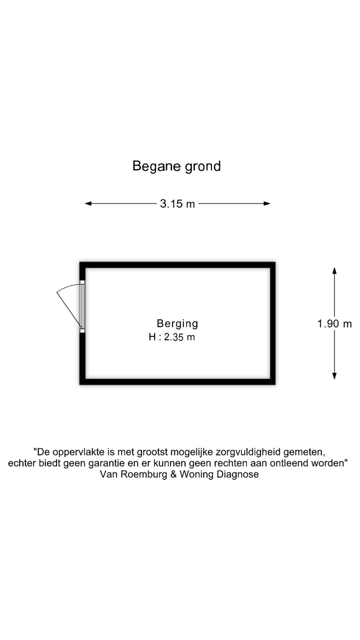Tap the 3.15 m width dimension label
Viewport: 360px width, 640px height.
click(x=177, y=204)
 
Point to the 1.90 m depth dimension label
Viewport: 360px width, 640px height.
click(x=334, y=324)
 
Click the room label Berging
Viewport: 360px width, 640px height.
click(x=177, y=323)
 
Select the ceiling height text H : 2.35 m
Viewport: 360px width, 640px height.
click(x=172, y=337)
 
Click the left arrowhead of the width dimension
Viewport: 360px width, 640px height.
click(x=88, y=203)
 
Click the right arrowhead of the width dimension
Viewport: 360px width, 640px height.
click(x=267, y=203)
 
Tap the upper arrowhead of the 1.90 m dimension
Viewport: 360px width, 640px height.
click(x=334, y=271)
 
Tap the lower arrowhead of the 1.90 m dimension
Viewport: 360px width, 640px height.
click(x=334, y=376)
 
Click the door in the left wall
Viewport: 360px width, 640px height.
click(x=82, y=307)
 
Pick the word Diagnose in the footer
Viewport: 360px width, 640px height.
click(x=238, y=474)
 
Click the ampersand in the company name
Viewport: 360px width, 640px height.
click(x=173, y=474)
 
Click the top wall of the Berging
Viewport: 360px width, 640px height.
click(x=177, y=265)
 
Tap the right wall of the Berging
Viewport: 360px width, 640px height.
click(x=273, y=323)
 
